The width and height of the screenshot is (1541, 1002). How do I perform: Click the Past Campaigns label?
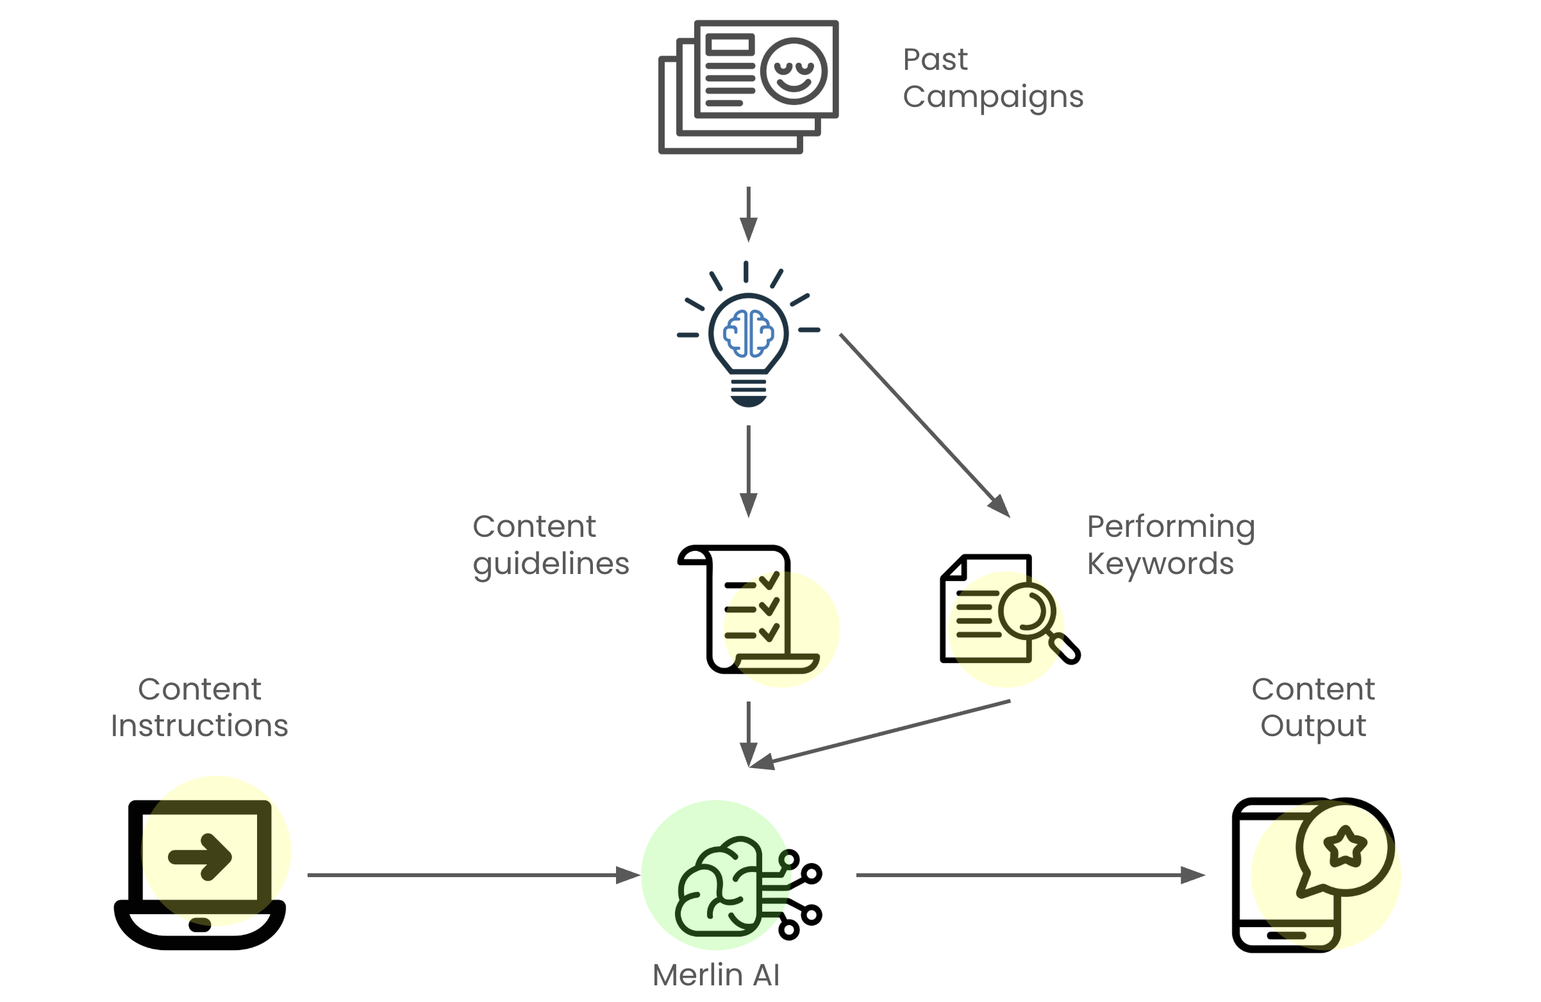point(992,78)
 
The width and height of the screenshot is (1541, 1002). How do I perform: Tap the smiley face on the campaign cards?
point(793,71)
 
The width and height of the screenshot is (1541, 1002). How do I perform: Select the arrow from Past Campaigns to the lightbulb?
point(749,213)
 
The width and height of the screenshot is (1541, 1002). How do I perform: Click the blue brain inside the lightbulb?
point(749,333)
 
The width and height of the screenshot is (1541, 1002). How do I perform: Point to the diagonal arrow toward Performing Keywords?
point(924,425)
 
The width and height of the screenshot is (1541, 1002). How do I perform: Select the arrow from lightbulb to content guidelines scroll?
point(749,471)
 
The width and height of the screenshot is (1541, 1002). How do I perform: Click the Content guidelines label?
point(551,545)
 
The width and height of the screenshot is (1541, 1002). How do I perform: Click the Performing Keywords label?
point(1170,545)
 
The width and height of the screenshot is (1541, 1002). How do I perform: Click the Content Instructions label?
point(199,707)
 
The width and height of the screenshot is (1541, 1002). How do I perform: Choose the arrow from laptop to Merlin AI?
point(472,875)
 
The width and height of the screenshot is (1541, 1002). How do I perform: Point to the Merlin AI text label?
point(716,975)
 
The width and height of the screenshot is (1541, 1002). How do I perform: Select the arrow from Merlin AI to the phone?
point(1029,875)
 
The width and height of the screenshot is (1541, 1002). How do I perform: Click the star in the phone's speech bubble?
point(1345,846)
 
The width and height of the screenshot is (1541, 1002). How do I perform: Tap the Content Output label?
point(1313,707)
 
